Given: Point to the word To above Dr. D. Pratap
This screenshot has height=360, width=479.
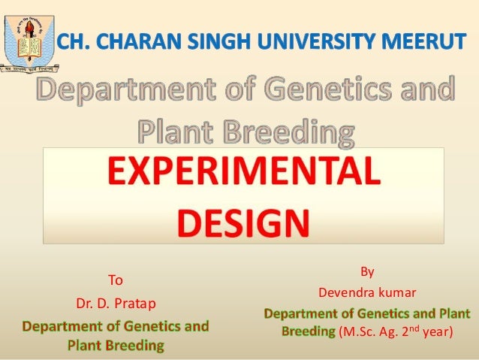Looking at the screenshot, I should pos(116,281).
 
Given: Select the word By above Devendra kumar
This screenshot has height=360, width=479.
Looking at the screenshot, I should pos(367,271).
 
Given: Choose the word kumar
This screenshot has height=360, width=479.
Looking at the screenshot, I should pos(399,292).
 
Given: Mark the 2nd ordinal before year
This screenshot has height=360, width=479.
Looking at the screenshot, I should pos(409,329).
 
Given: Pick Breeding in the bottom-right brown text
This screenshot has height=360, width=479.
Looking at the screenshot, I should pos(308,331).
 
